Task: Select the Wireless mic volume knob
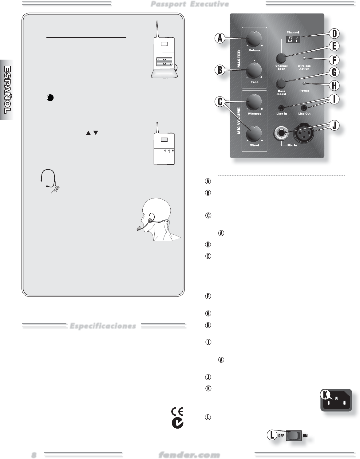[x=254, y=102]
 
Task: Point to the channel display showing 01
[x=292, y=40]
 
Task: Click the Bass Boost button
[x=281, y=83]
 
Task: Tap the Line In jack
[x=281, y=108]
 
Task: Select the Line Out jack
[x=304, y=108]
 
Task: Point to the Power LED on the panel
[x=304, y=84]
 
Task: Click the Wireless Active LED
[x=304, y=58]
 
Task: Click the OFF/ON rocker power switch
[x=293, y=436]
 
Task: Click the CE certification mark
[x=177, y=411]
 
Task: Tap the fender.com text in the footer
[x=189, y=455]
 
